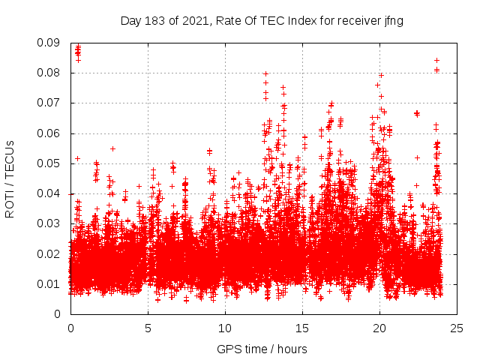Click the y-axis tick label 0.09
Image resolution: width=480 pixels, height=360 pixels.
click(x=49, y=43)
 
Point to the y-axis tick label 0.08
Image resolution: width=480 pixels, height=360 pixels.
click(x=49, y=73)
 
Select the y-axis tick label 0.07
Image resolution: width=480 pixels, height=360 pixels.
click(x=49, y=103)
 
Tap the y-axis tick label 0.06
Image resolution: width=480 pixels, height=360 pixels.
click(x=49, y=133)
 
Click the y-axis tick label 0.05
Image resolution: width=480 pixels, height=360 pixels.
click(x=49, y=163)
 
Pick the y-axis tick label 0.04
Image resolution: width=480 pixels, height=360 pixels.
click(x=49, y=193)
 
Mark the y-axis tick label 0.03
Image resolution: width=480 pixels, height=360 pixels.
click(x=49, y=223)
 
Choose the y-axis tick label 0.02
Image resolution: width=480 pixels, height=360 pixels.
click(x=49, y=253)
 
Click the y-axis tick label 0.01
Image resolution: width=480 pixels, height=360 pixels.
click(x=49, y=283)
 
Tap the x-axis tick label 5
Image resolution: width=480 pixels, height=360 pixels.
click(x=148, y=328)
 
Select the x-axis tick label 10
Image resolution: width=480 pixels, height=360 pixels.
click(x=225, y=328)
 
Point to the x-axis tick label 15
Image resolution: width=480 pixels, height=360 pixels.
click(x=302, y=328)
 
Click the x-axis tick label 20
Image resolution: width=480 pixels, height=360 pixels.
click(x=379, y=328)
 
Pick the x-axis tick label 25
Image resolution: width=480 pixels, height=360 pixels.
click(x=457, y=328)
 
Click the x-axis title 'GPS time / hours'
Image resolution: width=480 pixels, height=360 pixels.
click(x=262, y=349)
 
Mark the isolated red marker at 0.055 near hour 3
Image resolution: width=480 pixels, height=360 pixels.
click(x=112, y=148)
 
